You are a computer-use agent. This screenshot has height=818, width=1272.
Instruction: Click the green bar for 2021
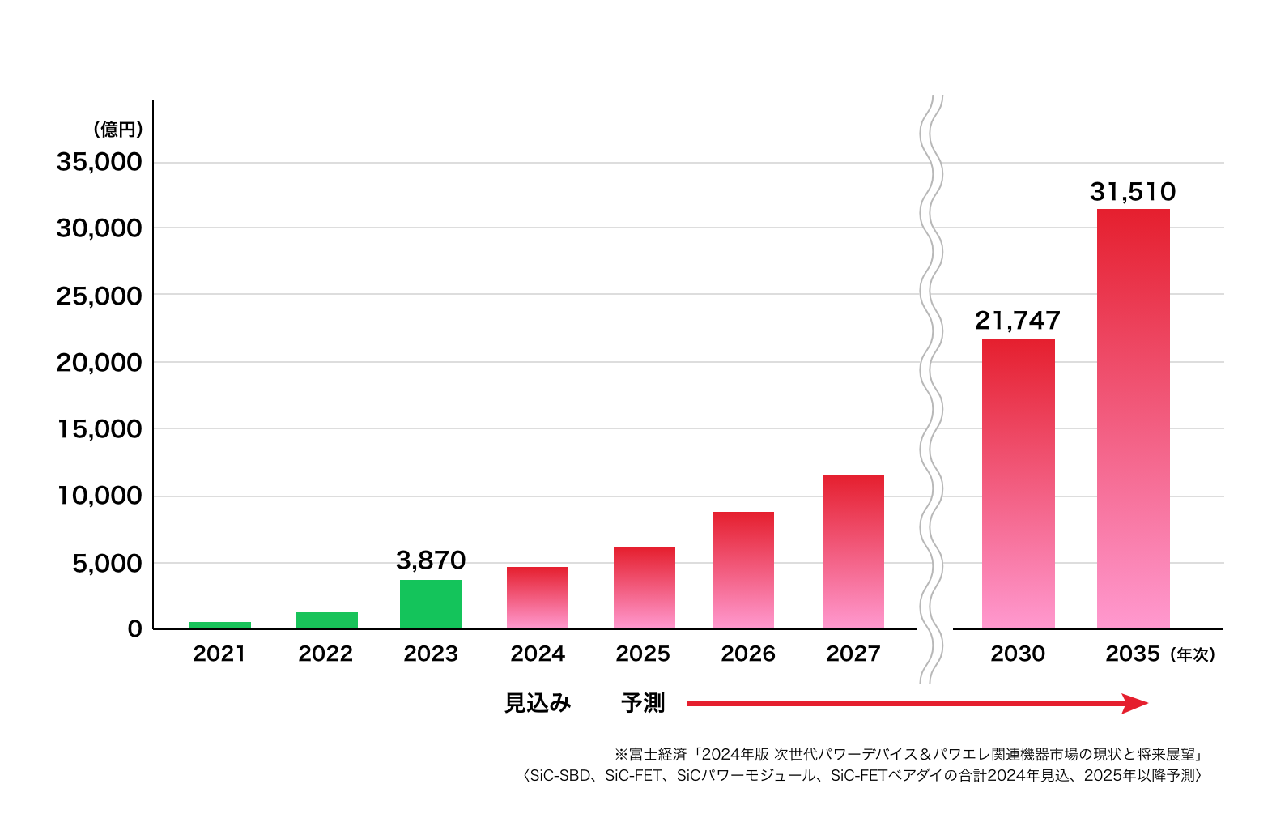[x=219, y=624]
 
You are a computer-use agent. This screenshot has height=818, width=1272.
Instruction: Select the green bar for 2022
[x=326, y=620]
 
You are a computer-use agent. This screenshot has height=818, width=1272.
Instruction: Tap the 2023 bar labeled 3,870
[x=431, y=604]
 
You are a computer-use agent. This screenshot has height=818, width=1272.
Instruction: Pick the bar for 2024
[x=537, y=598]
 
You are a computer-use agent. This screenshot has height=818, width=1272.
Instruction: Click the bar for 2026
[x=742, y=570]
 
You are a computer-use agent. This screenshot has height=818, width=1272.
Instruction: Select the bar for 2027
[x=853, y=552]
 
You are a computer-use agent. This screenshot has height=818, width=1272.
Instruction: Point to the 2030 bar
[x=1018, y=484]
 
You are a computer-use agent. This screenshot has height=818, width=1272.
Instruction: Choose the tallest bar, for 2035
[x=1133, y=419]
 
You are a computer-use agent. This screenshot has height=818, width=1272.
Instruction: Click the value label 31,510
[x=1133, y=192]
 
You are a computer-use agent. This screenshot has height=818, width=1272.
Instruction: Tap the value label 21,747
[x=1018, y=321]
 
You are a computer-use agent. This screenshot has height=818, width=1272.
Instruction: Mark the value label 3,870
[x=431, y=560]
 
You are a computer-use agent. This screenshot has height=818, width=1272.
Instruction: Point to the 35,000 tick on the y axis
[x=99, y=162]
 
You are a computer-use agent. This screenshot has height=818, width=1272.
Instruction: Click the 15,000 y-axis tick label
[x=99, y=429]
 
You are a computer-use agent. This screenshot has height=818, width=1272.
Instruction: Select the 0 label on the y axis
[x=134, y=628]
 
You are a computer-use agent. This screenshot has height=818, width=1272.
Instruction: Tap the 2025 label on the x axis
[x=643, y=654]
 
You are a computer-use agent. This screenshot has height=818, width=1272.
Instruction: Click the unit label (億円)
[x=118, y=129]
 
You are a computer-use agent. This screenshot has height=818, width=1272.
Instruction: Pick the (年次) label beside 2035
[x=1193, y=654]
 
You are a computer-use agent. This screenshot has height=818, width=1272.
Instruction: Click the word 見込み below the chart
[x=538, y=703]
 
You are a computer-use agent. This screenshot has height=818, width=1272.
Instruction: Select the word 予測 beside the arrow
[x=643, y=703]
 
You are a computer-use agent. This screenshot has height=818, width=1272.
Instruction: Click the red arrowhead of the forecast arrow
[x=1135, y=703]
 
